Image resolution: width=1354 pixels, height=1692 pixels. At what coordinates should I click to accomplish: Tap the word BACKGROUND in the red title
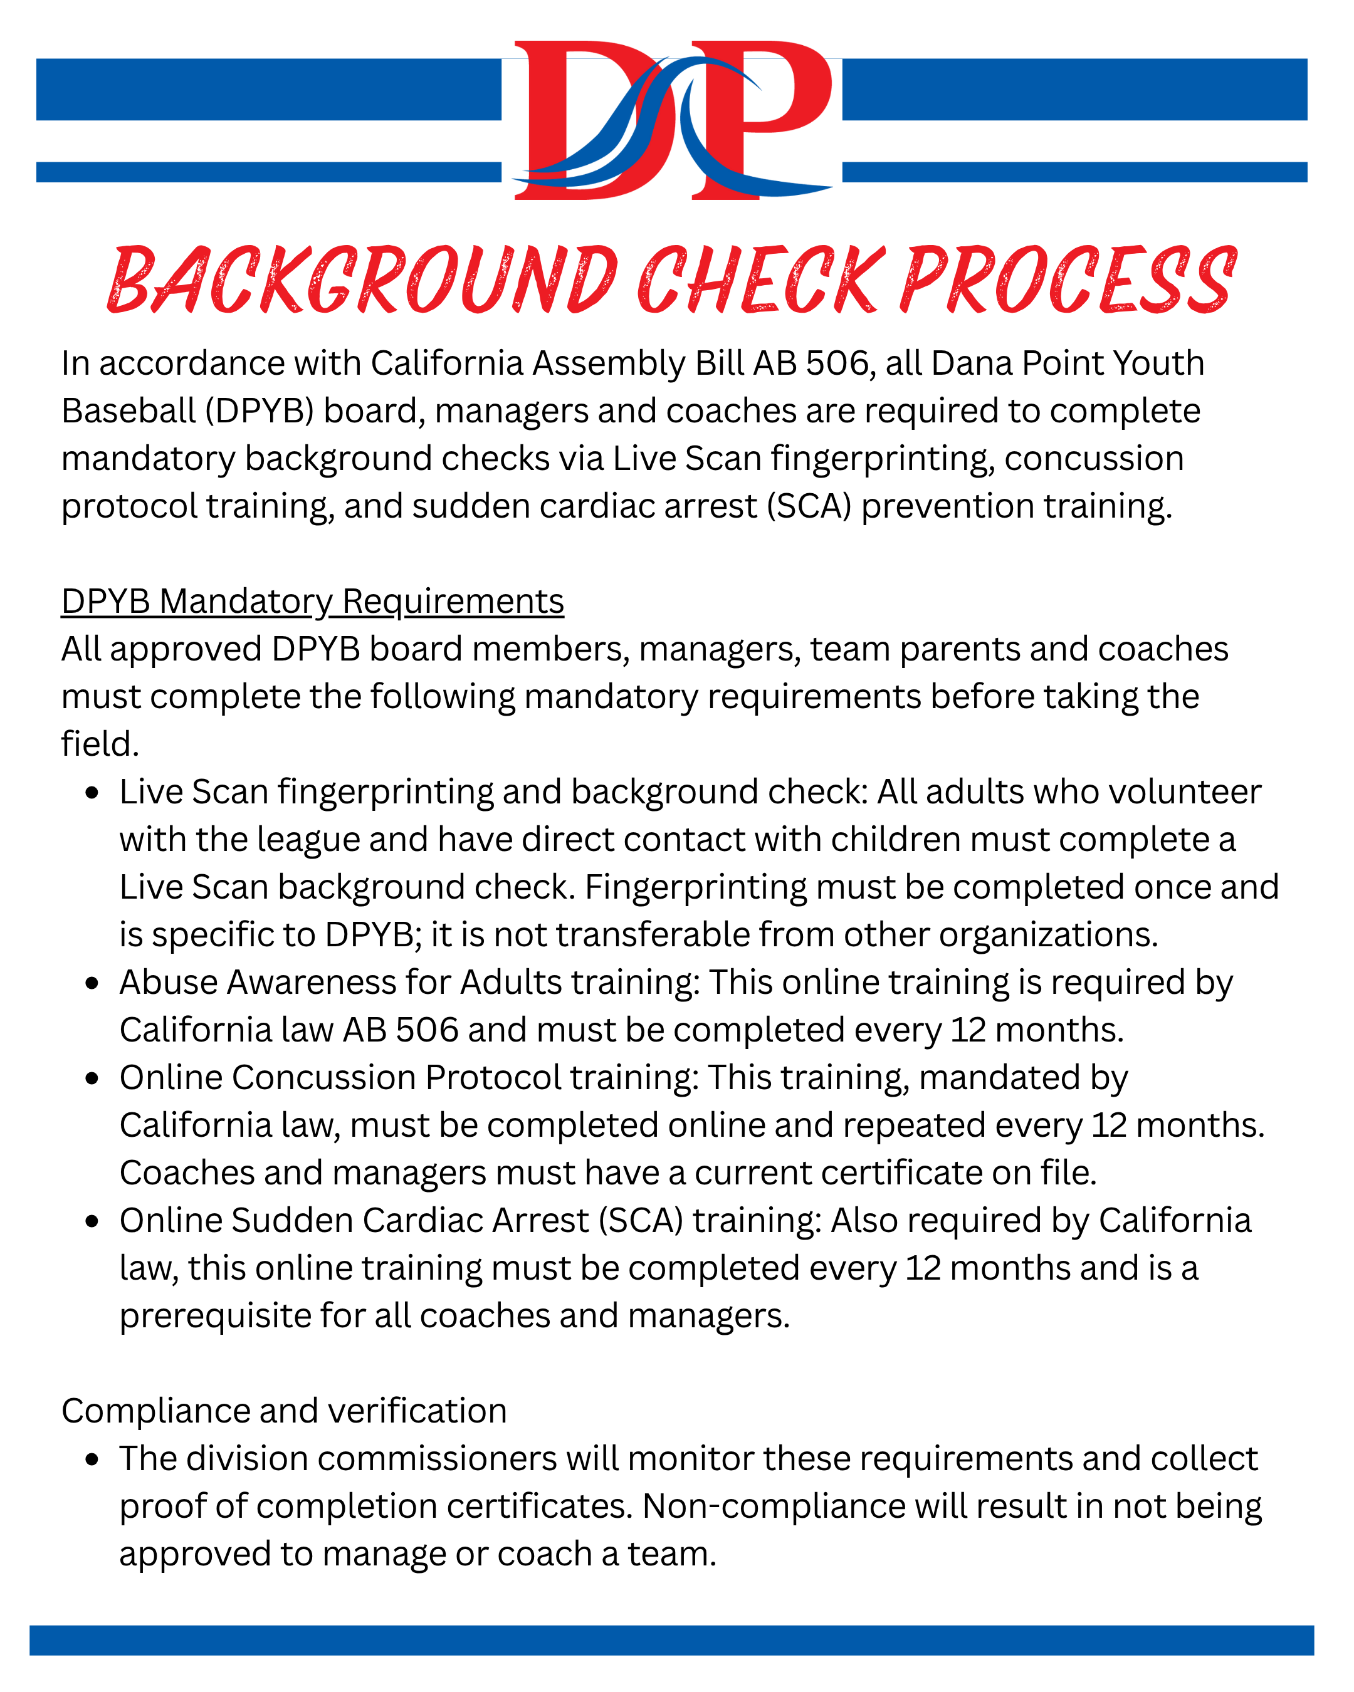361,280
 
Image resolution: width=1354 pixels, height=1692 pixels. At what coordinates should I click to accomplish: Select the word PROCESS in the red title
1068,280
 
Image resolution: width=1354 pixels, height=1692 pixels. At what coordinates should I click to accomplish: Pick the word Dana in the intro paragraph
969,363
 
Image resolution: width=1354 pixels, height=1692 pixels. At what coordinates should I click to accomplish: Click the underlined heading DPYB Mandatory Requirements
312,602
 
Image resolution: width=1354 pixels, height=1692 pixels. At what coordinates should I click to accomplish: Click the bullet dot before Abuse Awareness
93,983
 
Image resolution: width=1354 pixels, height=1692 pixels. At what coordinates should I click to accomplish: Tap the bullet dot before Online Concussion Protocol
93,1078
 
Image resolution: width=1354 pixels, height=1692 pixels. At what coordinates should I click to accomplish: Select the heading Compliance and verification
284,1411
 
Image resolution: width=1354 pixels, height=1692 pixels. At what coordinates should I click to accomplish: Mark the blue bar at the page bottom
672,1640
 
